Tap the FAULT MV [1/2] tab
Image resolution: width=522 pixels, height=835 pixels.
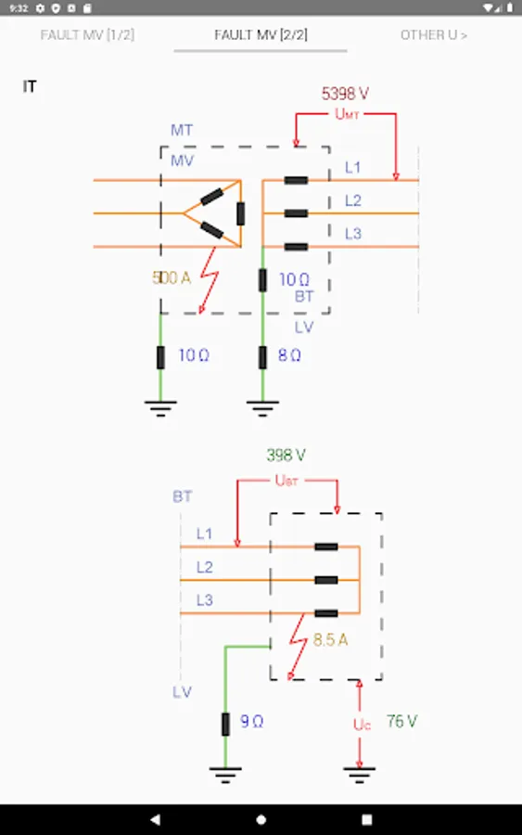(x=87, y=35)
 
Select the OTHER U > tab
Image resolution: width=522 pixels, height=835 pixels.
(x=434, y=35)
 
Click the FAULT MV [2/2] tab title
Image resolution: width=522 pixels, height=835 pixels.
(x=261, y=35)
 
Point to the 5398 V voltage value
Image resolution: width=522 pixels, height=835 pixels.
(x=345, y=94)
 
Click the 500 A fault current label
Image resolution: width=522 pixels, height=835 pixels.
(x=172, y=277)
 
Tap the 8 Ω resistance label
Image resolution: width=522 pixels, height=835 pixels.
(x=289, y=355)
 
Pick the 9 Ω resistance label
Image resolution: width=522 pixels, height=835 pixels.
(x=251, y=722)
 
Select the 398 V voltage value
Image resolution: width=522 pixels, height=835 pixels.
(x=286, y=456)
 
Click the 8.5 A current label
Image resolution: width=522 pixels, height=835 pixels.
(x=330, y=639)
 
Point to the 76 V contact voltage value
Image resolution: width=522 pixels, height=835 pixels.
(x=401, y=722)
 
